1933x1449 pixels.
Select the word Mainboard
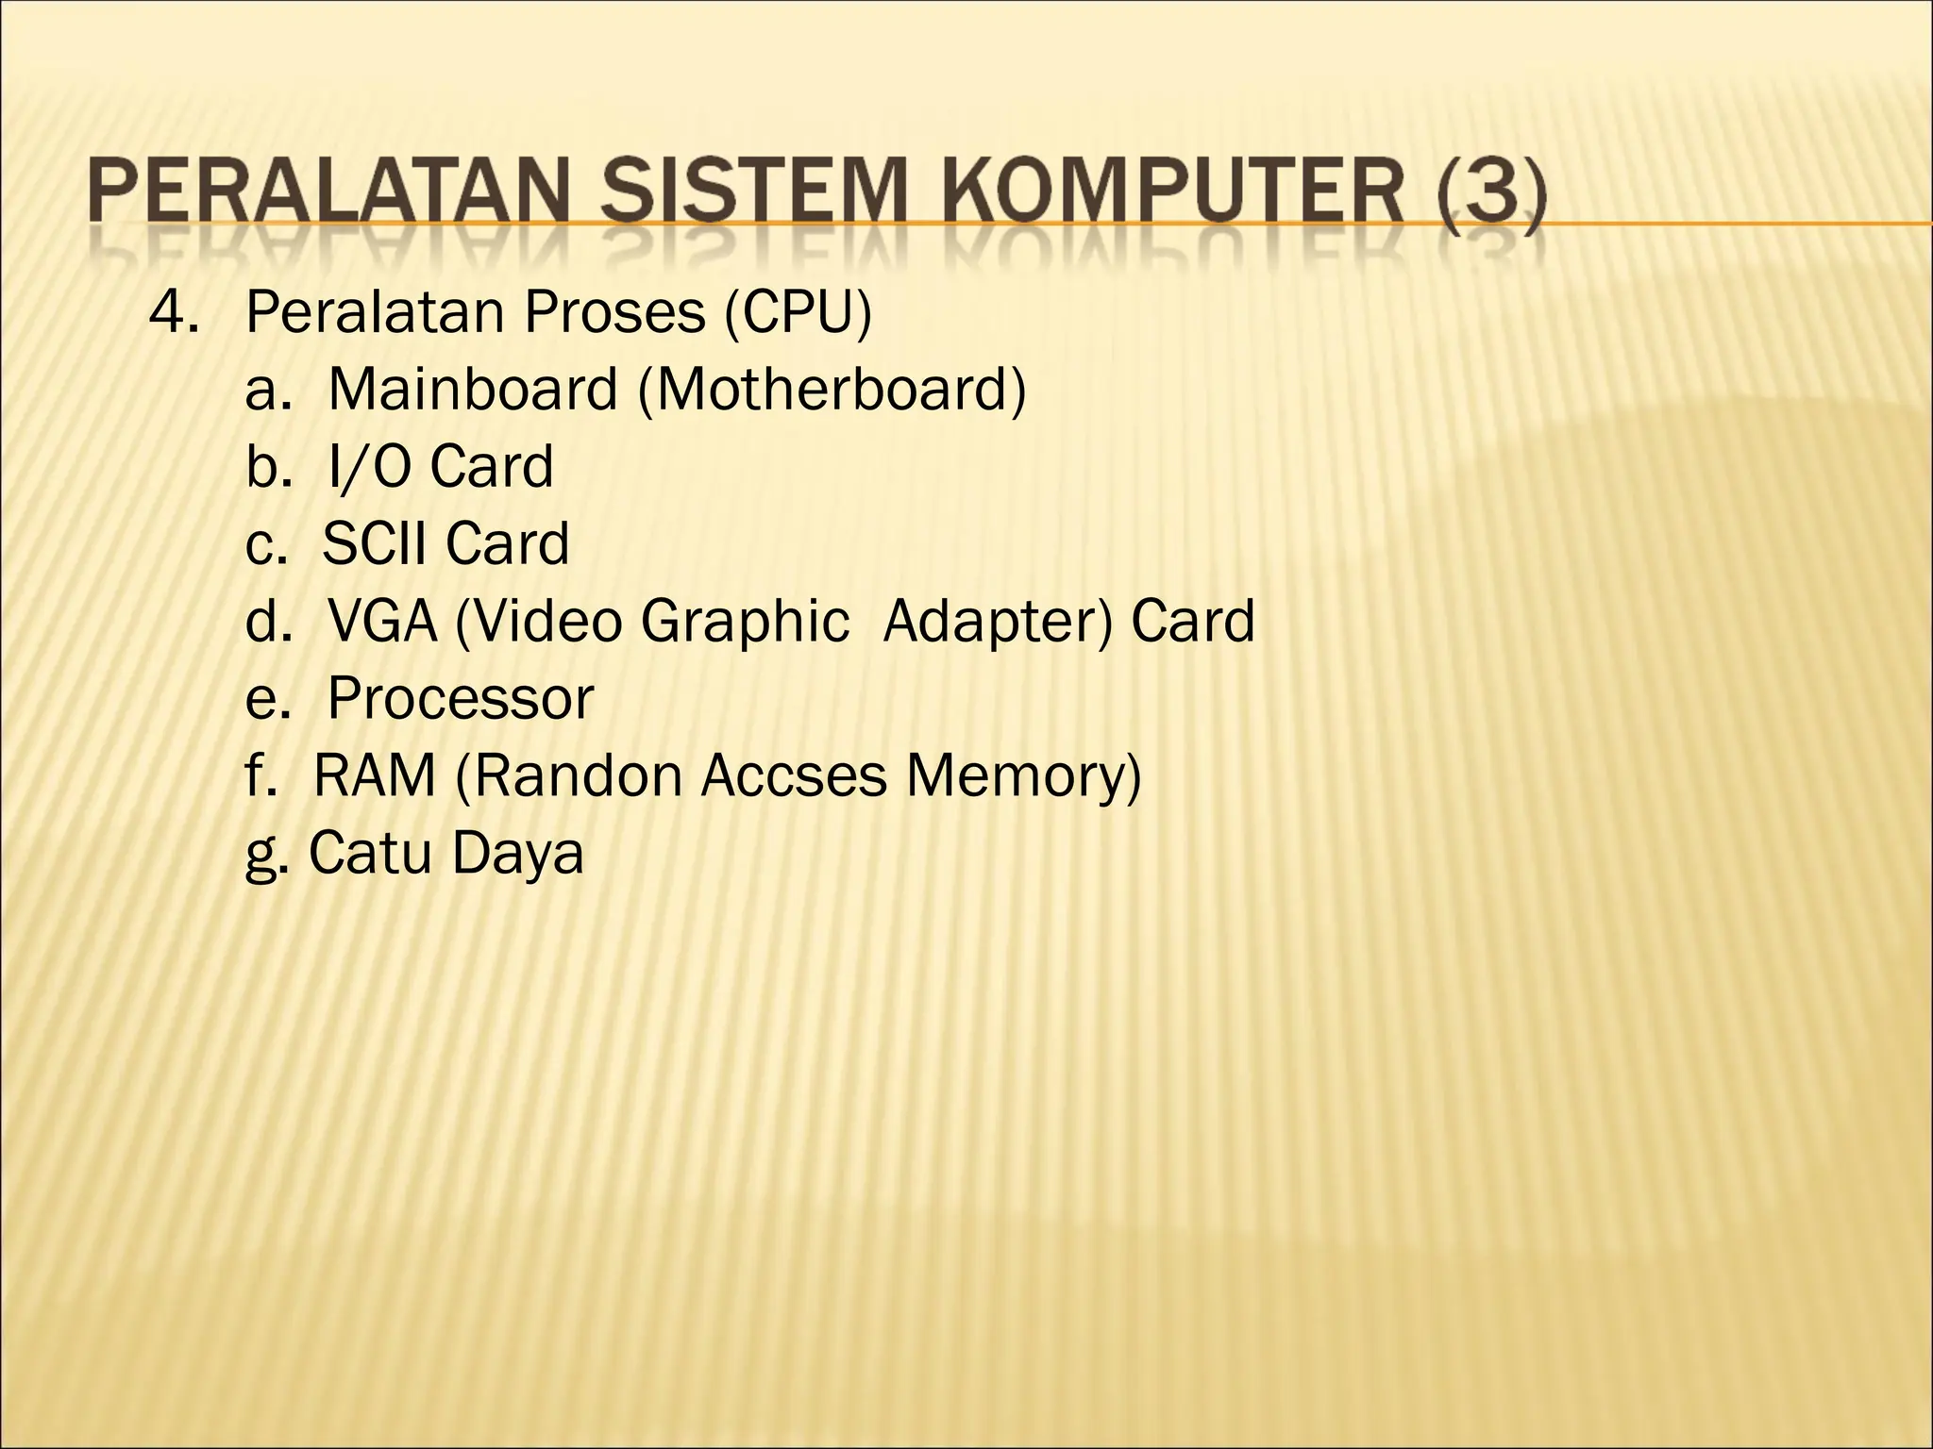pyautogui.click(x=472, y=390)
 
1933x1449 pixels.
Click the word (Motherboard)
pyautogui.click(x=832, y=390)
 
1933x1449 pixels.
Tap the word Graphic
pyautogui.click(x=746, y=622)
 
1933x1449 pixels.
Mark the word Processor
pyautogui.click(x=461, y=699)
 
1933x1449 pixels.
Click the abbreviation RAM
pyautogui.click(x=375, y=776)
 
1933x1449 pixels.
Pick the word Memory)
pyautogui.click(x=1023, y=776)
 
